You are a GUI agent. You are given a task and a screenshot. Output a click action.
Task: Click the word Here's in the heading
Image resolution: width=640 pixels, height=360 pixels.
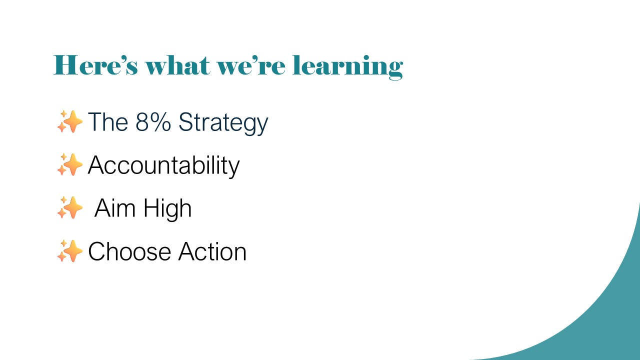[95, 65]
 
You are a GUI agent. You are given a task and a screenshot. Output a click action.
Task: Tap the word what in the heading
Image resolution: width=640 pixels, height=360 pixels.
[177, 65]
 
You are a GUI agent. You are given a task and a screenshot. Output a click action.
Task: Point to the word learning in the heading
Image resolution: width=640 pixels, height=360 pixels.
[348, 67]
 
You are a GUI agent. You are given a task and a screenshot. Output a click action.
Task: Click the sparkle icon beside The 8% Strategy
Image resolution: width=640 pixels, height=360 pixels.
[70, 121]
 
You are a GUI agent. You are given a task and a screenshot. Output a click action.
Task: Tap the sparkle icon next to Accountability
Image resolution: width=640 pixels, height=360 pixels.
[70, 164]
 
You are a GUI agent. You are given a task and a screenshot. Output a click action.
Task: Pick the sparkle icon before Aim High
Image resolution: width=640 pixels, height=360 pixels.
[70, 207]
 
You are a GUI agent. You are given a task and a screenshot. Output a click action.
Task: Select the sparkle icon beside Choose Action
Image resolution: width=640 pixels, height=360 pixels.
[70, 251]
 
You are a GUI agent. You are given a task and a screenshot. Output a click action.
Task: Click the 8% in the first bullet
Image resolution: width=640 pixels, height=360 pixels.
[153, 121]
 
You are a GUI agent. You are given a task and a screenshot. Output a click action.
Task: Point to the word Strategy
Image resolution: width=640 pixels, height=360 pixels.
[223, 123]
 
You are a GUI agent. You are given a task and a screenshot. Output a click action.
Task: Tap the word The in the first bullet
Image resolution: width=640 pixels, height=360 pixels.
[108, 121]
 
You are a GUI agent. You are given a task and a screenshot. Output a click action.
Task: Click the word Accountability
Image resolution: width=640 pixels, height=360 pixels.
[163, 166]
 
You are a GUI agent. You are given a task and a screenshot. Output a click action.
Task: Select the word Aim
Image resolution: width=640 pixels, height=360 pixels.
[115, 208]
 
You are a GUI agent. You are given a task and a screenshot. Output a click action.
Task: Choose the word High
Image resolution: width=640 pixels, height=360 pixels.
[167, 209]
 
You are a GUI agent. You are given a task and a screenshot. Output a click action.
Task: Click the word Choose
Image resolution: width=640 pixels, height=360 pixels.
[129, 251]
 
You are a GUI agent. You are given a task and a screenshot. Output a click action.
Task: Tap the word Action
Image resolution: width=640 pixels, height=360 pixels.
[212, 251]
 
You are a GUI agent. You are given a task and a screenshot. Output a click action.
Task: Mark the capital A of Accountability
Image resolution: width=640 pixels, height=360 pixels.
[96, 165]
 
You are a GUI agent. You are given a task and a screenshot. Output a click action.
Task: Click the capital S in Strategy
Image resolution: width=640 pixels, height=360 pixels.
[185, 121]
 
